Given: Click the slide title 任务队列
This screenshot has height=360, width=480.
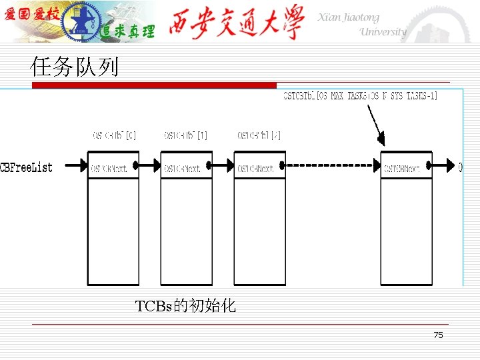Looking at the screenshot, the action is click(75, 67).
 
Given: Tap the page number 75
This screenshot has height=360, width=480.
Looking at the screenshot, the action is click(438, 335).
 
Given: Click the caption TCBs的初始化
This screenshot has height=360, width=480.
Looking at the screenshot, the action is click(185, 306).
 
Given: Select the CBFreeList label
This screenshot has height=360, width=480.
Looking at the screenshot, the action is click(27, 167).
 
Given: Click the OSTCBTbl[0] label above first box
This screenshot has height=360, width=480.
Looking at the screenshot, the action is click(114, 135).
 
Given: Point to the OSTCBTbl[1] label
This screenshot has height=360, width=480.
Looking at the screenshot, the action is click(186, 135).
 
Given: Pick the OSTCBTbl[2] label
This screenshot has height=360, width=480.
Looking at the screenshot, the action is click(259, 135).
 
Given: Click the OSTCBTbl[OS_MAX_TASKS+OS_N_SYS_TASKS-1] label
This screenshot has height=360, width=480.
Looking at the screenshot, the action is click(361, 96).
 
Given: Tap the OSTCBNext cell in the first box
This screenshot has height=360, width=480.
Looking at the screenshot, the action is click(113, 169).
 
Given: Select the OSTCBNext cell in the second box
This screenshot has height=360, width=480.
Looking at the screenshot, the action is click(186, 169).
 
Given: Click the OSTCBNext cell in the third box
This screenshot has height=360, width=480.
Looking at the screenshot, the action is click(259, 169).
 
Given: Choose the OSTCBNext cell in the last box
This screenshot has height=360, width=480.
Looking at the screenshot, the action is click(406, 169).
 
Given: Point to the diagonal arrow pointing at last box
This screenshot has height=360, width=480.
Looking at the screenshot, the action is click(375, 125).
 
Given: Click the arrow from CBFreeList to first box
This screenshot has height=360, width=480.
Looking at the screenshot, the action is click(73, 165).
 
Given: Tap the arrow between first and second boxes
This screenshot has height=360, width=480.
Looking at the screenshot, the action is click(149, 165).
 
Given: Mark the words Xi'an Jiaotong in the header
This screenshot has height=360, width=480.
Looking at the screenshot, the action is click(347, 18).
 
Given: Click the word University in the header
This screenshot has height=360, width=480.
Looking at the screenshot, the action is click(382, 32).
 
